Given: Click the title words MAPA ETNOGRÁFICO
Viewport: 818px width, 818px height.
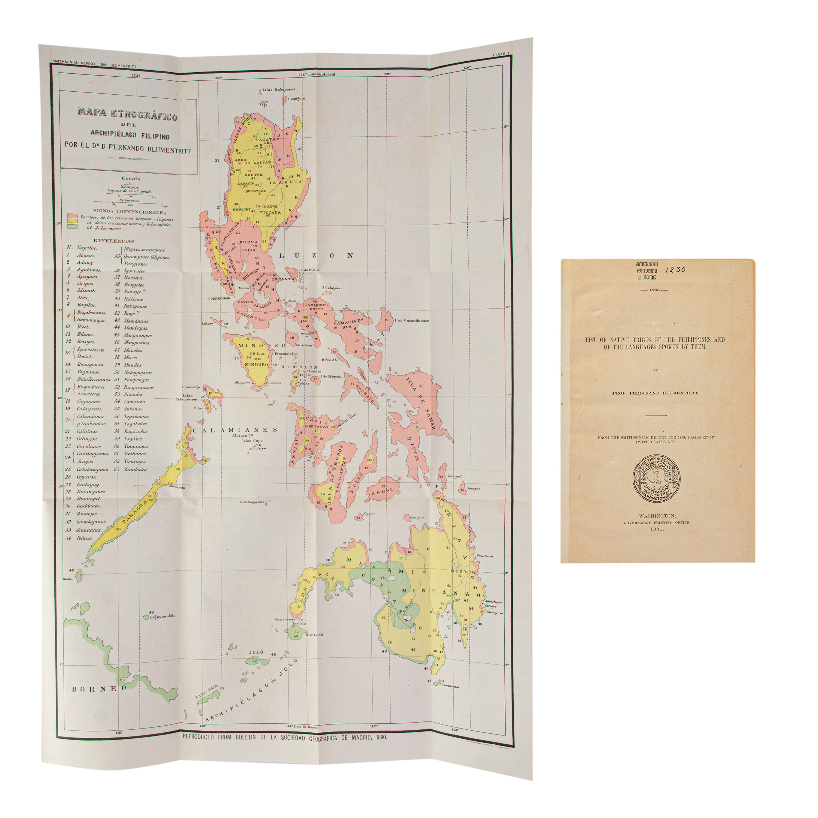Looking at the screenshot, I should point(127,114).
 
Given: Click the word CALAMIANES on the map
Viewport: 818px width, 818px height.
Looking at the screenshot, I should point(235,430).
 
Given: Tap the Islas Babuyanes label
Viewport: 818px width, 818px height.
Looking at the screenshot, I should point(279,89).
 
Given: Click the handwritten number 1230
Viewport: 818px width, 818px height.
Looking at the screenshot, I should point(675,270).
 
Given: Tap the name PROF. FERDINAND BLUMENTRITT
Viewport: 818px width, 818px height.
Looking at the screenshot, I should point(655,393).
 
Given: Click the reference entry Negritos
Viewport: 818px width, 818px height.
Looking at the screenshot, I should point(86,248).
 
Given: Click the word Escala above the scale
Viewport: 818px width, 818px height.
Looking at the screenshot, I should point(131,178).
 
